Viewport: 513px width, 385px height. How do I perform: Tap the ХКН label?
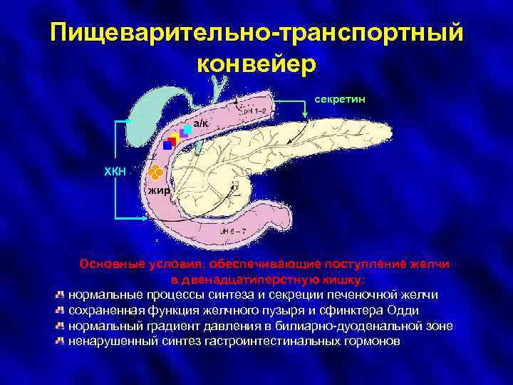(114, 170)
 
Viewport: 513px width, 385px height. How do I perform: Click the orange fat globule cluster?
(156, 173)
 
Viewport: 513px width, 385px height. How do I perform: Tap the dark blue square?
(167, 145)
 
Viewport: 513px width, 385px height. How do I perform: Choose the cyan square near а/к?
(187, 129)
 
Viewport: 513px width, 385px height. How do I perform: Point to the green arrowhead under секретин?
(308, 122)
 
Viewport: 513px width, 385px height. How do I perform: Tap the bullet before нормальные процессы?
(61, 294)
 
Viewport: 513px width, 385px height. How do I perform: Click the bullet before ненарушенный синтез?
(61, 341)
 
